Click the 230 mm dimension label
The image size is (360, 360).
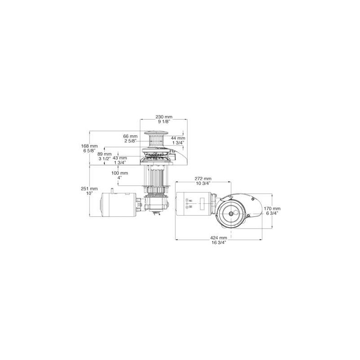(164, 117)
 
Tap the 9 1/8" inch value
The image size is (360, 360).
(164, 121)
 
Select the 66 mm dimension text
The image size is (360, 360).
(130, 136)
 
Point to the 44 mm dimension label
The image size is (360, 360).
(178, 138)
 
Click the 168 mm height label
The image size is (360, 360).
(89, 146)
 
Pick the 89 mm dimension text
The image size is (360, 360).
(104, 154)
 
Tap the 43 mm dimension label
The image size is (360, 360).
(120, 158)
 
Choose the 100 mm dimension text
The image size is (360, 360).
(120, 173)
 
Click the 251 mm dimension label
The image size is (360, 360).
(89, 189)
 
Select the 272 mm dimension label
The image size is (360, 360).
(203, 179)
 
